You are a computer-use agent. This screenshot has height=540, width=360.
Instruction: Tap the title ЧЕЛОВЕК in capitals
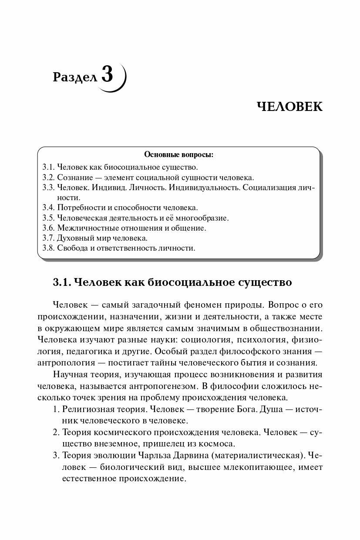(x=289, y=107)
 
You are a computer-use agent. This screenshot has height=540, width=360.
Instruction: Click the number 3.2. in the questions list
(x=49, y=177)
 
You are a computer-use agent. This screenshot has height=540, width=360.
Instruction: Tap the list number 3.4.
(x=49, y=208)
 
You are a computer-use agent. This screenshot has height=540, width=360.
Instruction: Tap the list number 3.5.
(x=49, y=218)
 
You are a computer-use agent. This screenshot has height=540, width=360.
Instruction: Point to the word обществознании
(x=288, y=327)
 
